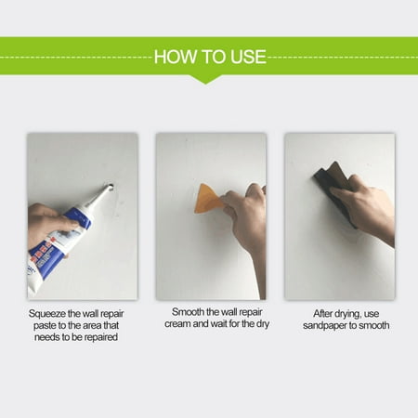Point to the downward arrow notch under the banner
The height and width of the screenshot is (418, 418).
click(206, 79)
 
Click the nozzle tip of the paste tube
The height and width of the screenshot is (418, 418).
click(110, 187)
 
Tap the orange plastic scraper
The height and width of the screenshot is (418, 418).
click(208, 199)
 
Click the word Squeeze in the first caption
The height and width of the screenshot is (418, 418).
click(47, 314)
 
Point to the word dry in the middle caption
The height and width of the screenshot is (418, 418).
click(263, 324)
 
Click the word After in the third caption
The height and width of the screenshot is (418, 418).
click(322, 314)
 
